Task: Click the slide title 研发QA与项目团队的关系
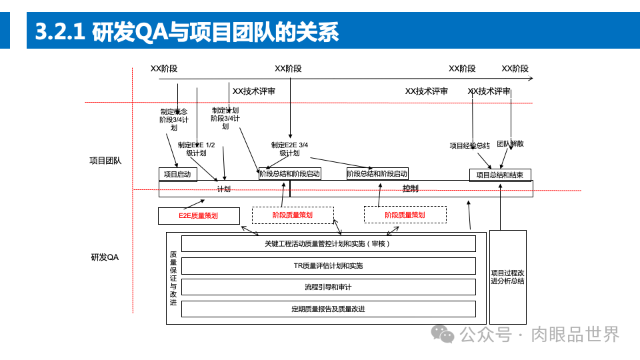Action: (187, 31)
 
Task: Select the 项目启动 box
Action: (177, 175)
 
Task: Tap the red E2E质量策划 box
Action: (198, 215)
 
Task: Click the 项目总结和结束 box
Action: (500, 175)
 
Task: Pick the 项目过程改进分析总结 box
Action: (507, 277)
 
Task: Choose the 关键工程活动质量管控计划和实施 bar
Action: (328, 244)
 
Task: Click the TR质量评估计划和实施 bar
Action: (328, 266)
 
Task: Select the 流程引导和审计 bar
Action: (328, 287)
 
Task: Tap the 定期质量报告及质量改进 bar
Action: (328, 309)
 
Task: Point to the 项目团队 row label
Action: (105, 161)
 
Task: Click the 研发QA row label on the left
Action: (105, 257)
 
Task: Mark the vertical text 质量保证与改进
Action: (173, 278)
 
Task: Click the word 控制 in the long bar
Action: (411, 189)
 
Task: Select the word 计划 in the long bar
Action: (224, 189)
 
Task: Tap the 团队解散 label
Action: (510, 144)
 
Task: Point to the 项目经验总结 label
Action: (469, 145)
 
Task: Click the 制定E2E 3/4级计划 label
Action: (289, 149)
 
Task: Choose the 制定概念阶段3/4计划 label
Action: (173, 119)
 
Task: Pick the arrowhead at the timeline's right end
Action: (530, 79)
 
